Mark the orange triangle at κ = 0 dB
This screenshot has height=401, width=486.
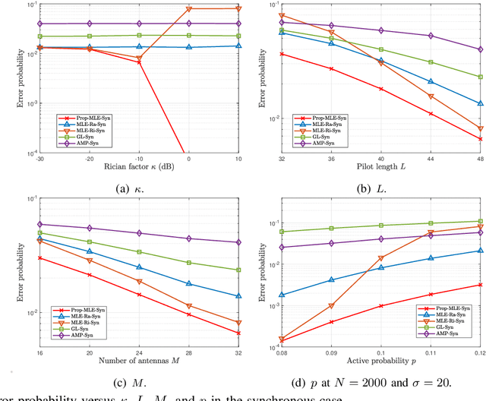pyautogui.click(x=189, y=9)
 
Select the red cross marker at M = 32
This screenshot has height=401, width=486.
pyautogui.click(x=238, y=333)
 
